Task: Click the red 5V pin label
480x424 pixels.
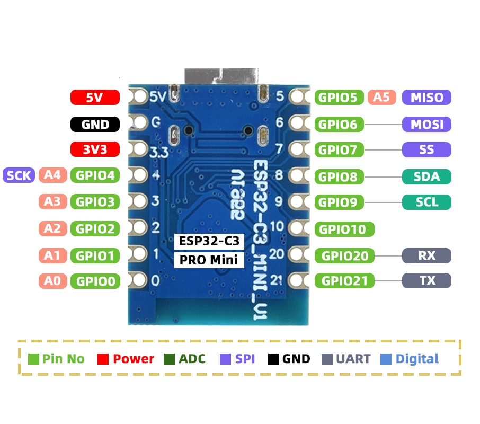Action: (95, 98)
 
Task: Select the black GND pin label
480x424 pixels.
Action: (95, 125)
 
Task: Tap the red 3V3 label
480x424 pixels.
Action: (95, 149)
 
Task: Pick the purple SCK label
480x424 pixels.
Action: (19, 175)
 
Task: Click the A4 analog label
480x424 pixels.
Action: (52, 175)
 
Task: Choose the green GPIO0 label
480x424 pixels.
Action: (95, 281)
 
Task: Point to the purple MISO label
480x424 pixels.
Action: (426, 98)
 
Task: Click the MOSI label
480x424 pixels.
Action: (426, 125)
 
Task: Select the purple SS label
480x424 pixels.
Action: (426, 149)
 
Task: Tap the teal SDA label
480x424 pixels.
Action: (426, 176)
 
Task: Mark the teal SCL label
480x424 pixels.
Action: (426, 202)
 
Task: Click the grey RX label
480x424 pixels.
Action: (426, 255)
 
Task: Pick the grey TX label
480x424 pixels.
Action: (426, 280)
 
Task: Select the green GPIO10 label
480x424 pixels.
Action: (344, 229)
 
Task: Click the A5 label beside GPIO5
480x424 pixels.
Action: (382, 98)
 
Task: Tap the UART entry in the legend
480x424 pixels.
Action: (346, 359)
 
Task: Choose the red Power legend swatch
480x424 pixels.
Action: (103, 359)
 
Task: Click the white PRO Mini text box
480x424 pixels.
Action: (209, 260)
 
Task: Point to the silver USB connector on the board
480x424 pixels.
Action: (221, 76)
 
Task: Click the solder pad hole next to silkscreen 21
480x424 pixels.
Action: (297, 280)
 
